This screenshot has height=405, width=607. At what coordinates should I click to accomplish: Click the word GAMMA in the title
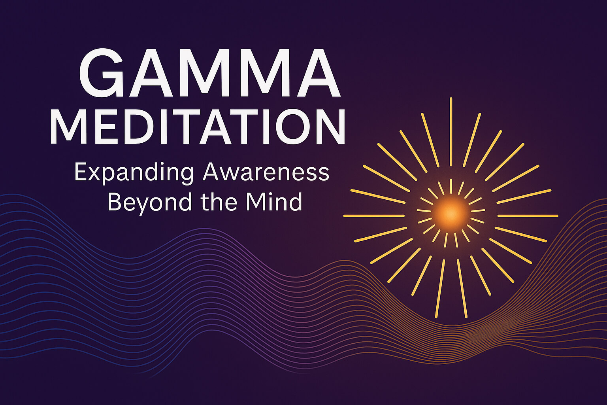209,73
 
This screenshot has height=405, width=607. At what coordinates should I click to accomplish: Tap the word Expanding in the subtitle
134,173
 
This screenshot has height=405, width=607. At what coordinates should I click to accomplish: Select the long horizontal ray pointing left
374,216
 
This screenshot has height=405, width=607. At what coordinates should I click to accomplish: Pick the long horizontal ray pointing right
528,216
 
